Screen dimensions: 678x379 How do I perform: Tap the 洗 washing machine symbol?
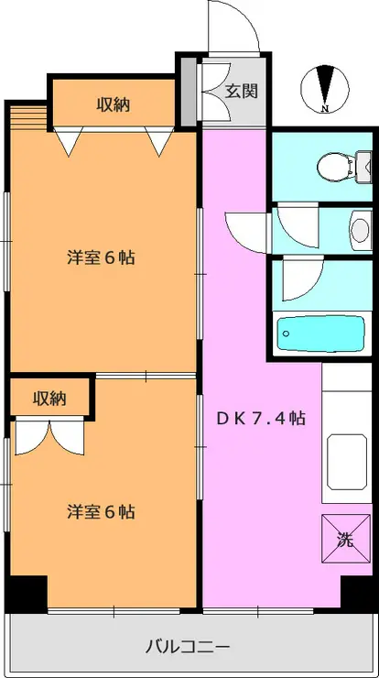[345, 540]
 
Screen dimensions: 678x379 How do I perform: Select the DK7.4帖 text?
[261, 418]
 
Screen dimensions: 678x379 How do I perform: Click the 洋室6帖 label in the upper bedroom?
[101, 257]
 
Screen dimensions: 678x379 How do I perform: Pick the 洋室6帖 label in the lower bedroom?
[101, 511]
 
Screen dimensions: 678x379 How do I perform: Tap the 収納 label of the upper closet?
[114, 104]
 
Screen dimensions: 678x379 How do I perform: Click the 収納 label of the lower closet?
[50, 398]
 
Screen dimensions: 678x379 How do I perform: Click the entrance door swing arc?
[233, 27]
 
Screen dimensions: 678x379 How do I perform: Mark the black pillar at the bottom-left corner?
[27, 593]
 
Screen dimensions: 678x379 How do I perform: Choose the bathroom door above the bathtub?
[300, 279]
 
